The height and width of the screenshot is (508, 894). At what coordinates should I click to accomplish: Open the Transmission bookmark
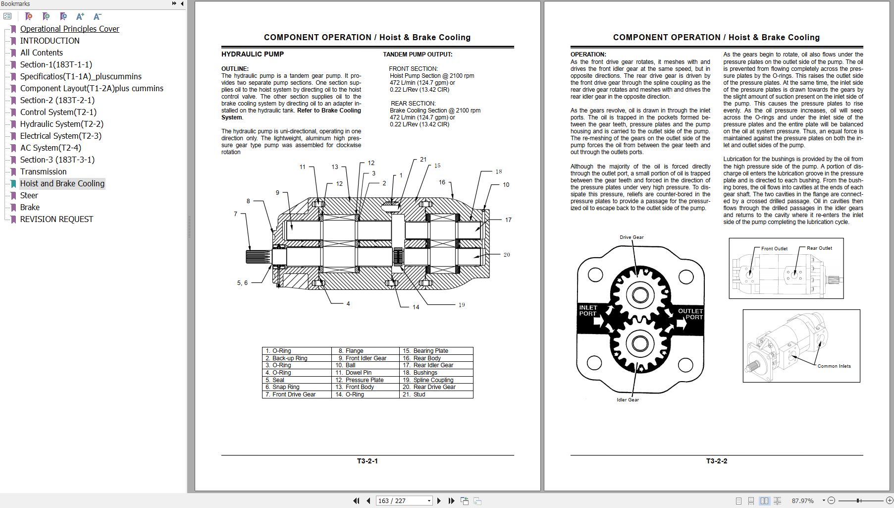[43, 171]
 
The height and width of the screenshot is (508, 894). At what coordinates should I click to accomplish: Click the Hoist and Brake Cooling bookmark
[62, 183]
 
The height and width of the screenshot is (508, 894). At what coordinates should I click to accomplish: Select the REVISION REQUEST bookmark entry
[56, 219]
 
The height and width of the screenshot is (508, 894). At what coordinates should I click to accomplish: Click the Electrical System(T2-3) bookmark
[60, 136]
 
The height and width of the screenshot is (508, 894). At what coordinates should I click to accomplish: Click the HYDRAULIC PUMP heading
[252, 54]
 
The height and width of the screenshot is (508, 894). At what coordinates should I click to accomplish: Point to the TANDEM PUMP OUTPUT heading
[417, 55]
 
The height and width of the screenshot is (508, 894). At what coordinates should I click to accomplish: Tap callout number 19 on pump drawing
[461, 305]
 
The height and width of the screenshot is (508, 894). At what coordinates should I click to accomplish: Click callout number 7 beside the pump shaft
[236, 214]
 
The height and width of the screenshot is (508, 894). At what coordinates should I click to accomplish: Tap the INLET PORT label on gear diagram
[588, 311]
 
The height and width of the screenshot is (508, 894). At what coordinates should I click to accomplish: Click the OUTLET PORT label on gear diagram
[690, 314]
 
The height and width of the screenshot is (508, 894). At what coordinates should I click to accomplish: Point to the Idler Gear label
[628, 399]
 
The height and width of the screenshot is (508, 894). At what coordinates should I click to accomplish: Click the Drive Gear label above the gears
[631, 237]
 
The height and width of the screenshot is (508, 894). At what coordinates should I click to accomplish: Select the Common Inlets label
[834, 366]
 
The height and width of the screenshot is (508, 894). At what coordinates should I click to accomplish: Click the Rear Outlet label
[819, 248]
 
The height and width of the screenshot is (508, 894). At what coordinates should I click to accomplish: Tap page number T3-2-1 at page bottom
[367, 461]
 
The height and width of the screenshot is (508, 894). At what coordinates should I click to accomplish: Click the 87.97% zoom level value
[802, 501]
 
